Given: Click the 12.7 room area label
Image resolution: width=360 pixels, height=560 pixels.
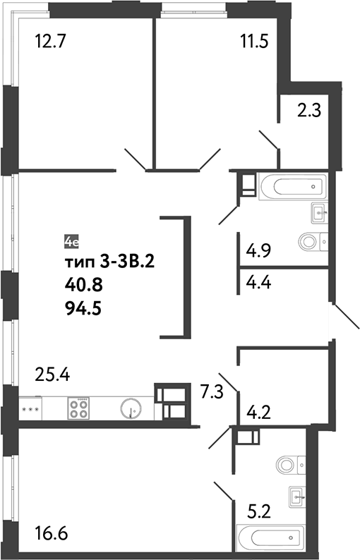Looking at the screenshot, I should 50,41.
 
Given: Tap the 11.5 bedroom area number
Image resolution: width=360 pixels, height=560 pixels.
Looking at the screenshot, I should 254,41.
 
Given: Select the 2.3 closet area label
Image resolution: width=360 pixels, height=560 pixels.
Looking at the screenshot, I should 308,111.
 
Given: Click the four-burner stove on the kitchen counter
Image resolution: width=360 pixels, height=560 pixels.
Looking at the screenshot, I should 78,409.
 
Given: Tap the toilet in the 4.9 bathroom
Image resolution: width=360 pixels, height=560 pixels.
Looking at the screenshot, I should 312,241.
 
